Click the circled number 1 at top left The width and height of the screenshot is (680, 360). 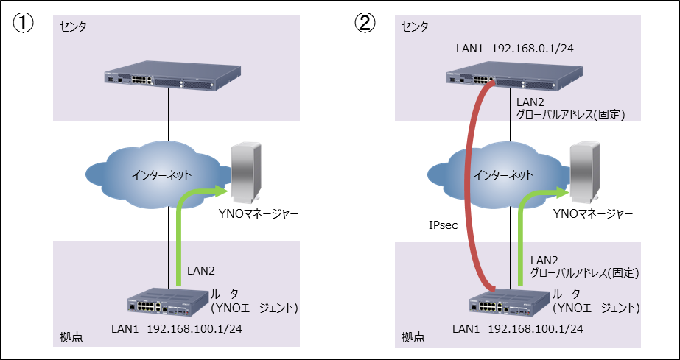tap(23, 24)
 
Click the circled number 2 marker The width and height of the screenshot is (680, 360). tap(365, 24)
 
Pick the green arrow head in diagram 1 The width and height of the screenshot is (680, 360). tap(218, 193)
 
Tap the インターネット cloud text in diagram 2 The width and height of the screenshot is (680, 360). tap(503, 175)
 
